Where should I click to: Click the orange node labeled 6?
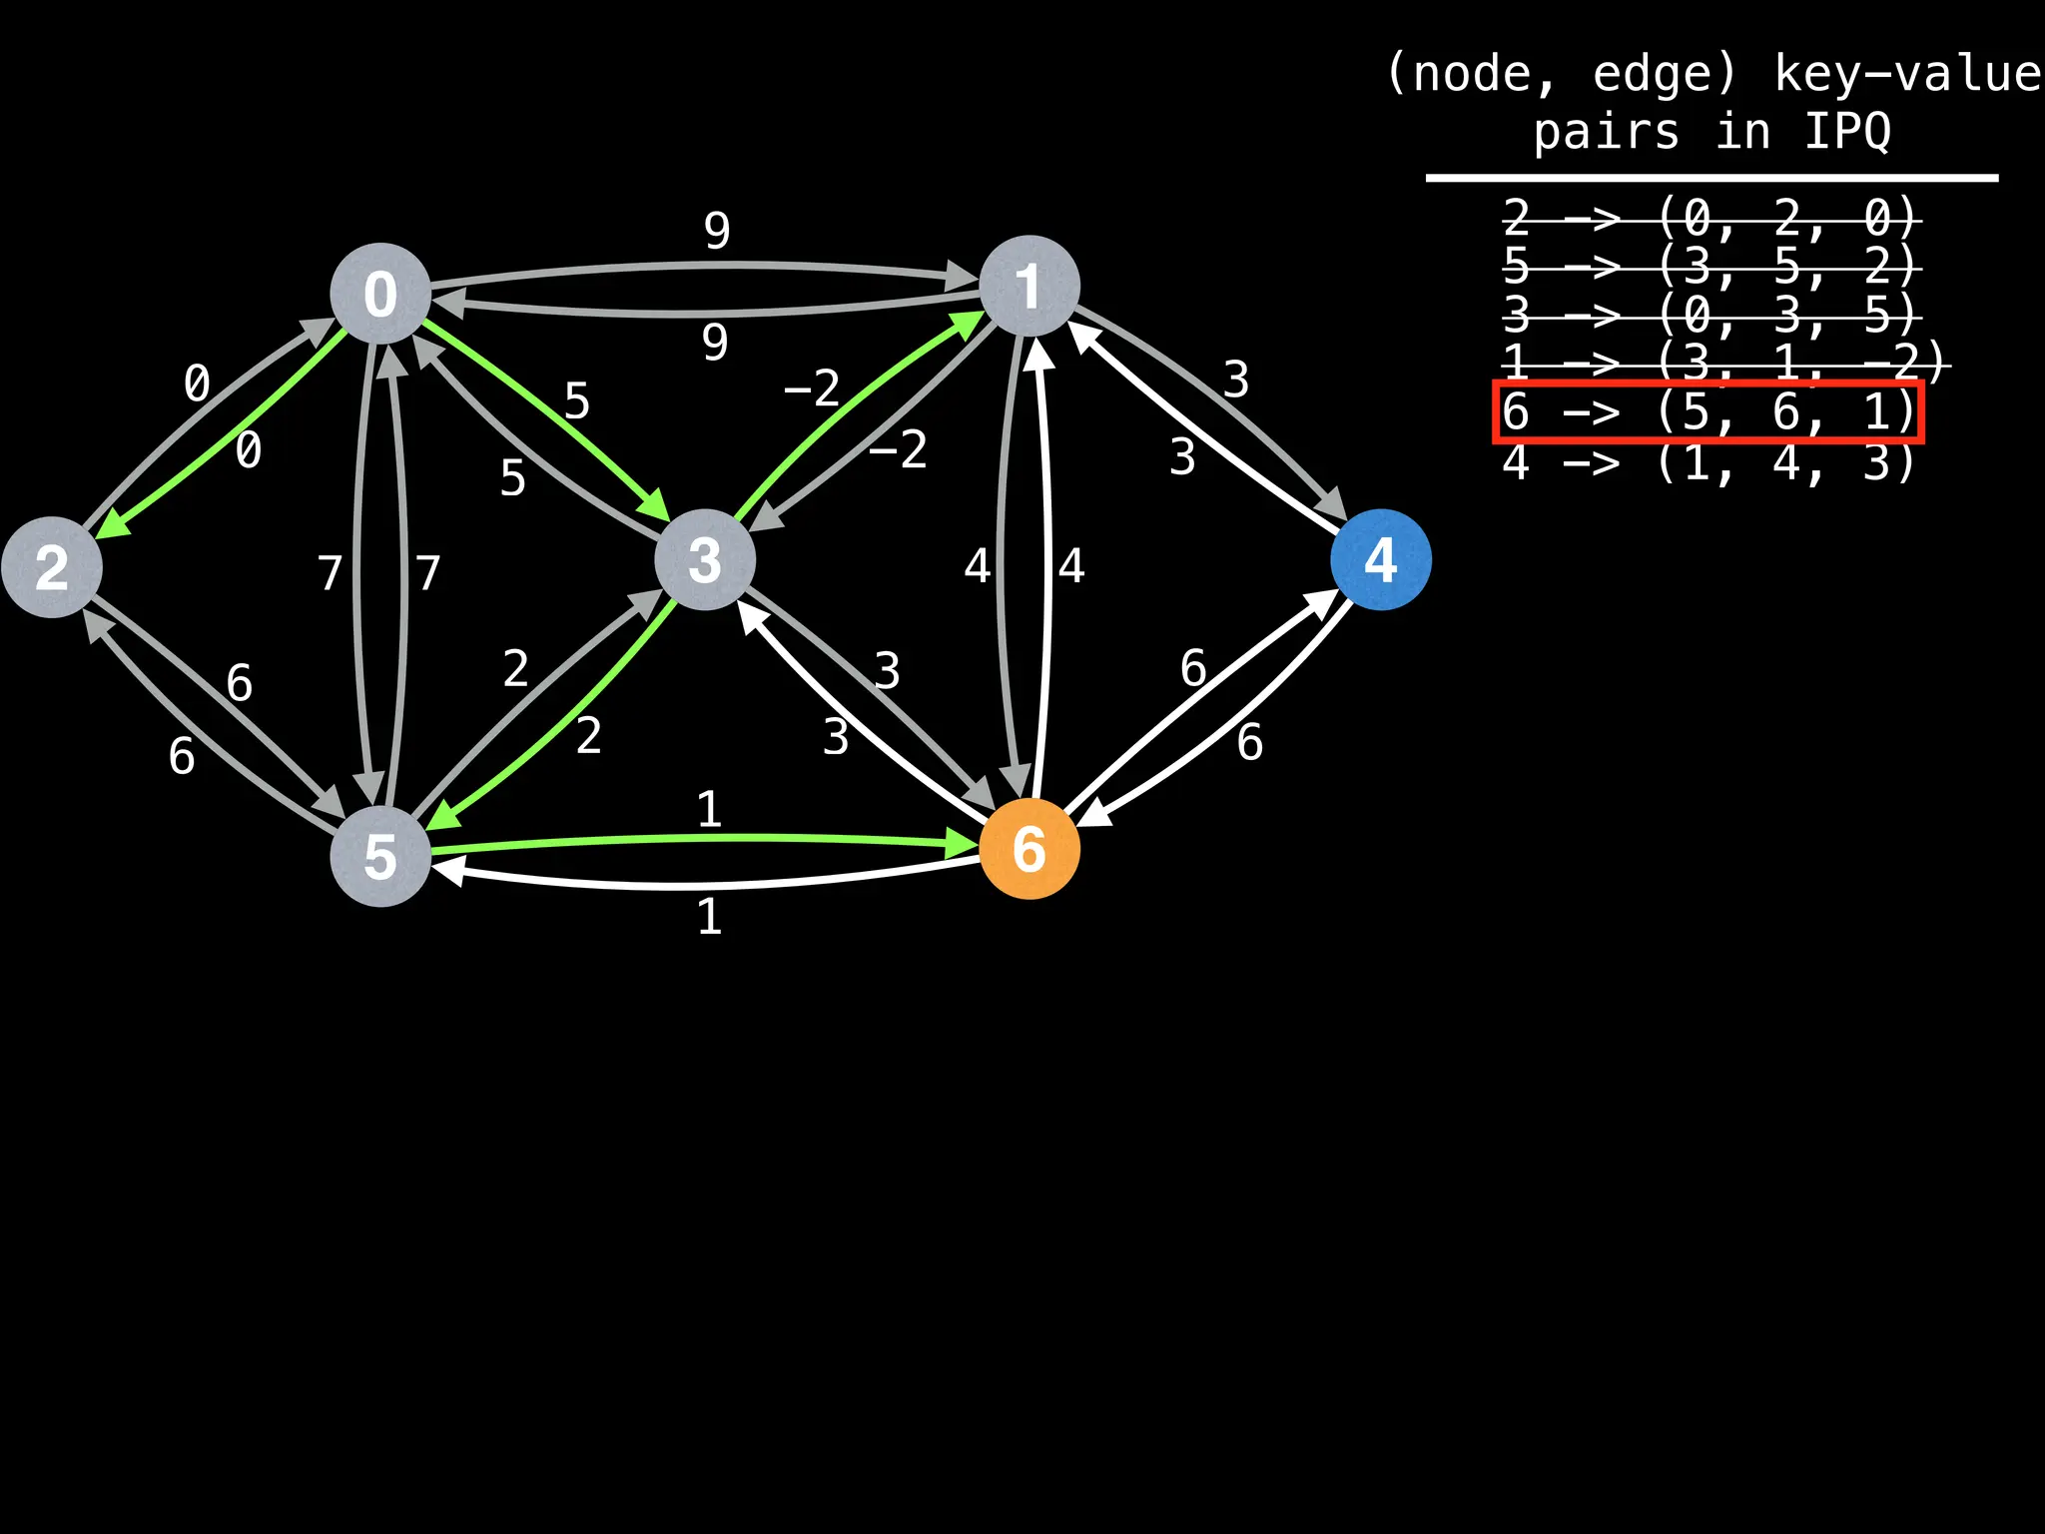click(x=1029, y=849)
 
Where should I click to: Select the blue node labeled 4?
click(x=1380, y=559)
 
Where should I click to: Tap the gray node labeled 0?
click(x=380, y=294)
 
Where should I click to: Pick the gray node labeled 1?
click(x=1029, y=286)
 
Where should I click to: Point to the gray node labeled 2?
click(x=52, y=567)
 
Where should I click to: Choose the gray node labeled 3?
click(x=705, y=559)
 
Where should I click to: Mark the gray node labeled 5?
click(x=380, y=857)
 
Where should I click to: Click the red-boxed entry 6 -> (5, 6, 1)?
click(x=1707, y=411)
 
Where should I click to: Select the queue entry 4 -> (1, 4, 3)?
click(x=1707, y=463)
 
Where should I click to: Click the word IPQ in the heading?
click(x=1847, y=132)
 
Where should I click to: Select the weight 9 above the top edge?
click(x=717, y=231)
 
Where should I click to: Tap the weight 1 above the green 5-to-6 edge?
click(x=709, y=809)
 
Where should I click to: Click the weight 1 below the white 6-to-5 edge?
click(x=709, y=917)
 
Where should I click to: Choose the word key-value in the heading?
click(x=1907, y=74)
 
